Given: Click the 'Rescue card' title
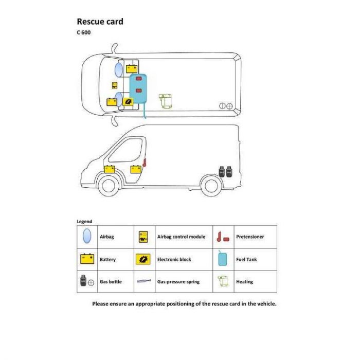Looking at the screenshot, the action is (x=100, y=22).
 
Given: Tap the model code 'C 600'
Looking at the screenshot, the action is (x=83, y=32).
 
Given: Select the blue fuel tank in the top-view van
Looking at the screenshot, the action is (x=138, y=88).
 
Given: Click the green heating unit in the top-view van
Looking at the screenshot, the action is (x=165, y=101).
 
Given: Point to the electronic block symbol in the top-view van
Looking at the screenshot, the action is (x=128, y=101).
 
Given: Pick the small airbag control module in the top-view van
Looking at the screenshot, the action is (x=115, y=85).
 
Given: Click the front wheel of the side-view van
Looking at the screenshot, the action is (x=109, y=186).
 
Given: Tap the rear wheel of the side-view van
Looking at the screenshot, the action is (x=211, y=186).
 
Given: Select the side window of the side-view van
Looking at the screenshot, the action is (x=126, y=150).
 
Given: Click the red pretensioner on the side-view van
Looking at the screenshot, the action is (x=145, y=163).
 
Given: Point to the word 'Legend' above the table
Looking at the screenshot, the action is (x=84, y=222).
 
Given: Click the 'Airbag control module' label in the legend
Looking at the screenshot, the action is (x=181, y=237).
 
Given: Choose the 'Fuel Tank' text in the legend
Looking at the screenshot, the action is (x=246, y=259).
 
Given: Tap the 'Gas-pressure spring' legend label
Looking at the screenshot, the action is (x=178, y=282).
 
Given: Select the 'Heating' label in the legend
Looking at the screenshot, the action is (x=244, y=282).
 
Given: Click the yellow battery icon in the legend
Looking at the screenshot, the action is (x=87, y=259).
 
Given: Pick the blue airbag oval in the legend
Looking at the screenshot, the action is (x=87, y=236).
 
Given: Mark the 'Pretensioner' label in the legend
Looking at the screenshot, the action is (x=250, y=237).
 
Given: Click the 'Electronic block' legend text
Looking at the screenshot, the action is (x=174, y=259).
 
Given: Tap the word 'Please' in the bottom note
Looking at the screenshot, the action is (x=100, y=304).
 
